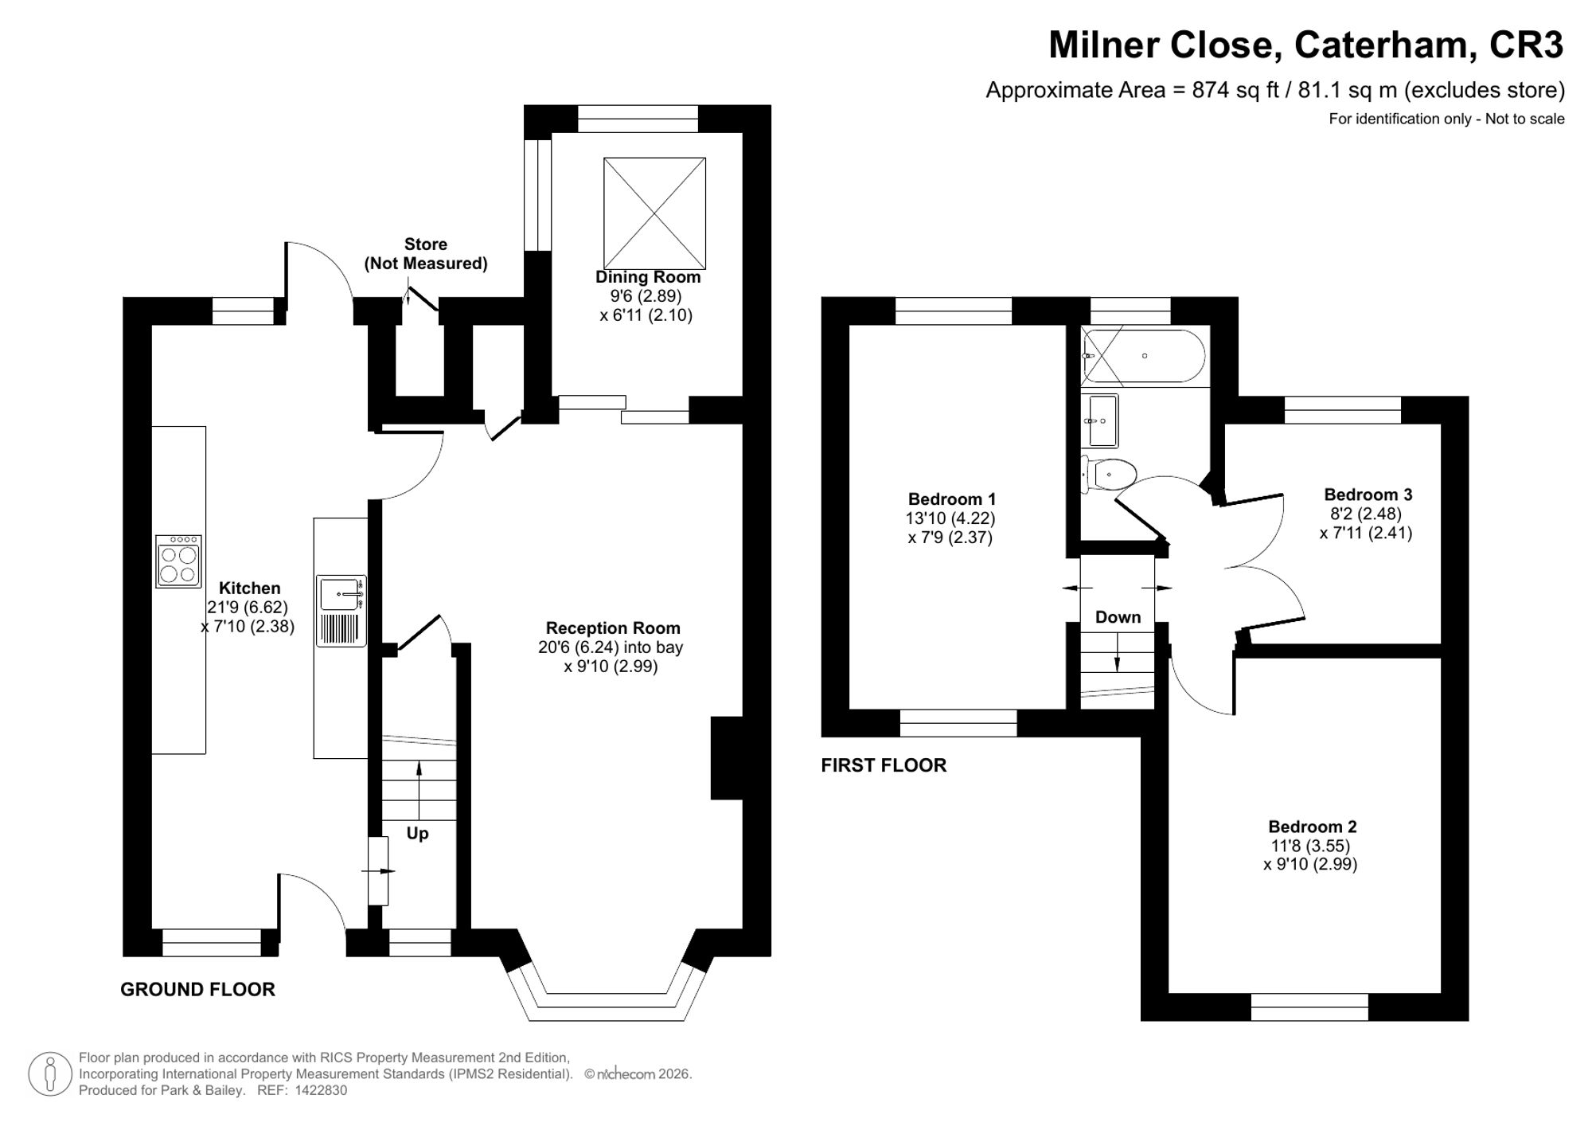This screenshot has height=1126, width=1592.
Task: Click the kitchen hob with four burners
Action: pyautogui.click(x=178, y=561)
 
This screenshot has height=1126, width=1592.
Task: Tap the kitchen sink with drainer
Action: pyautogui.click(x=341, y=611)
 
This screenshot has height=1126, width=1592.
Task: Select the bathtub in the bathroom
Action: pyautogui.click(x=1144, y=357)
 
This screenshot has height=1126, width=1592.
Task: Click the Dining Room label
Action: pyautogui.click(x=648, y=277)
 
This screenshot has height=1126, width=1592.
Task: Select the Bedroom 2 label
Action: pyautogui.click(x=1313, y=827)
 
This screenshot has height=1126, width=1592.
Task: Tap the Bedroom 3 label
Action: pyautogui.click(x=1368, y=495)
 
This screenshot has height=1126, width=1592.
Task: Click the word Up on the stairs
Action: pyautogui.click(x=417, y=834)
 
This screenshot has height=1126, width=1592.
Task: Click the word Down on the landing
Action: pyautogui.click(x=1118, y=617)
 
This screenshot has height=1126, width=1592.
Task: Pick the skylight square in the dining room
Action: pyautogui.click(x=654, y=213)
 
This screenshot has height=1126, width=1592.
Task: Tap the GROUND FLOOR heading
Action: pyautogui.click(x=197, y=990)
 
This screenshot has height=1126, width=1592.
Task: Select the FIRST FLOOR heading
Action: pyautogui.click(x=884, y=765)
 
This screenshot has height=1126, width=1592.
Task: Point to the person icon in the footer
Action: pyautogui.click(x=50, y=1073)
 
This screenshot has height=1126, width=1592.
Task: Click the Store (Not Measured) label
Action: pyautogui.click(x=426, y=254)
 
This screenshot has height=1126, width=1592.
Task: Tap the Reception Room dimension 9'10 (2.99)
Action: pyautogui.click(x=611, y=667)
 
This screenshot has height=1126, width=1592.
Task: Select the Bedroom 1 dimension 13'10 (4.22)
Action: pyautogui.click(x=950, y=518)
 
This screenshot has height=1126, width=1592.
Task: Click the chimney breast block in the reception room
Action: pyautogui.click(x=727, y=758)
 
